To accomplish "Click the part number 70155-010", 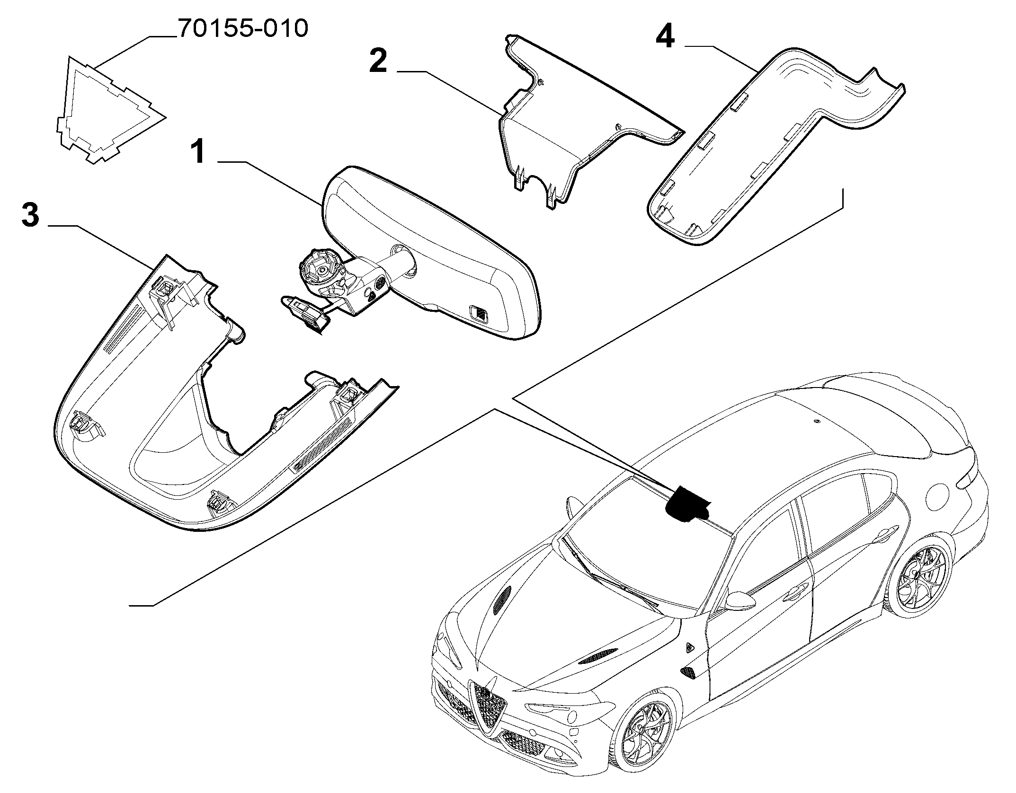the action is tap(243, 29).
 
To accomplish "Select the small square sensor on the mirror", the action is tap(479, 314).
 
